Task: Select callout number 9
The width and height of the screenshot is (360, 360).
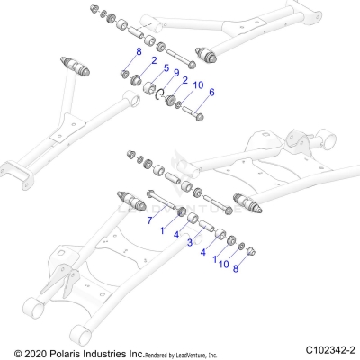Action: [x=177, y=72]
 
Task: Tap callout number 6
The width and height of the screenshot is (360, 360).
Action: [x=211, y=93]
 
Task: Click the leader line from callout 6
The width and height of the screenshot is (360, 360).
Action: [x=206, y=102]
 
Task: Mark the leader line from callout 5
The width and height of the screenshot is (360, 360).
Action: [x=159, y=76]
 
